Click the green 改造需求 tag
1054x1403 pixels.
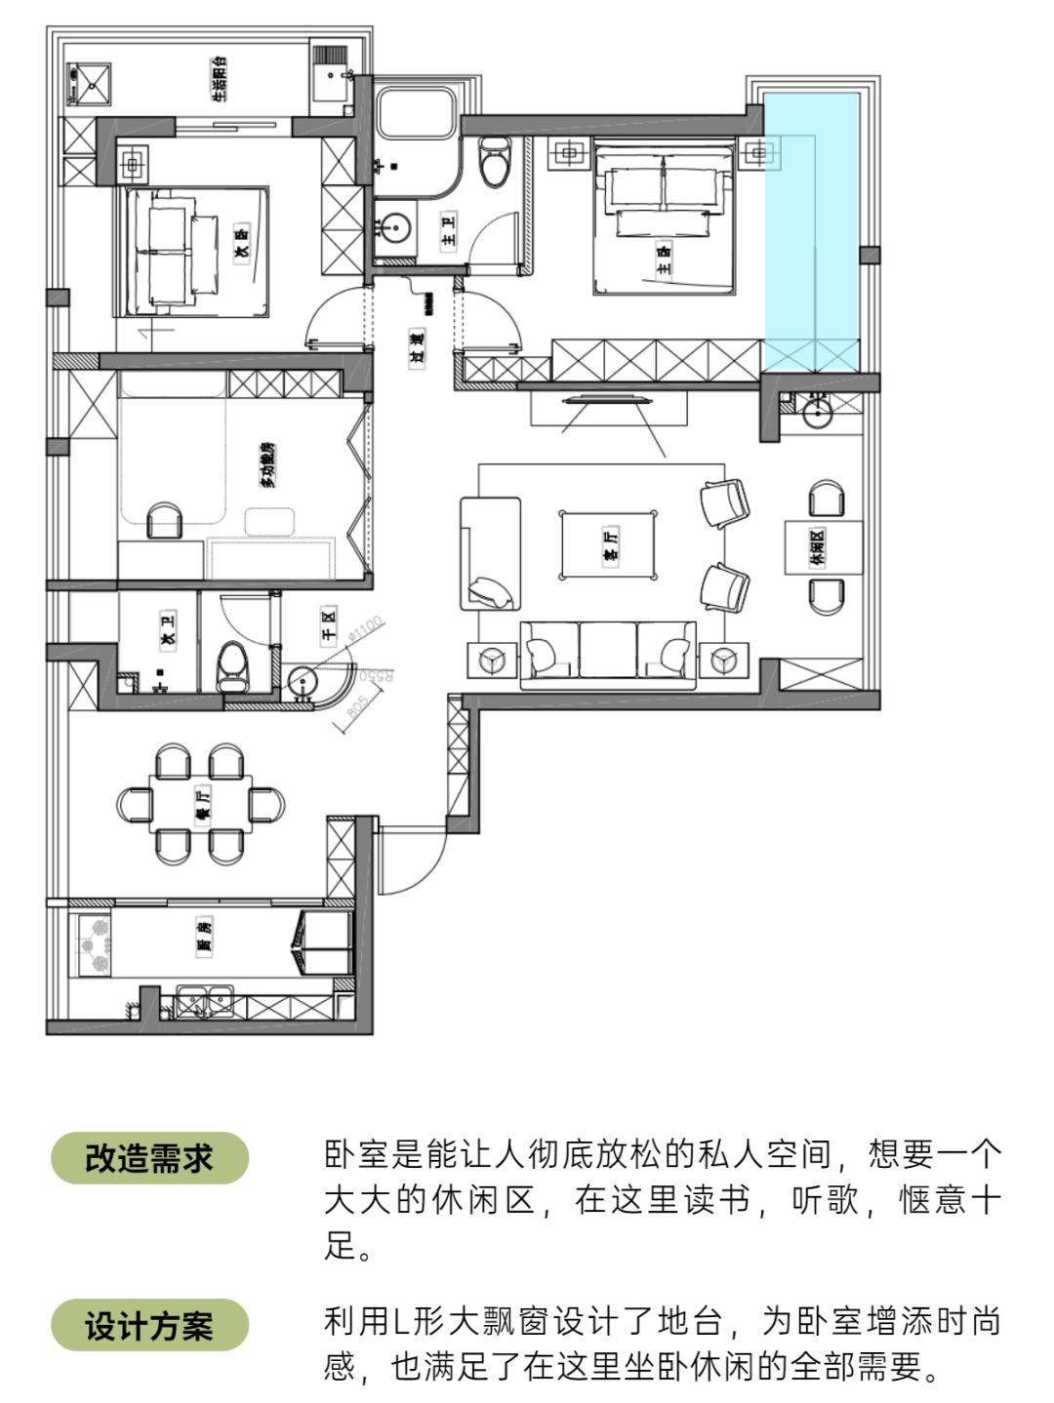coord(149,1158)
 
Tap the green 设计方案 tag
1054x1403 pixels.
coord(149,1325)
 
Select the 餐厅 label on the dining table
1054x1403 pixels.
coord(202,804)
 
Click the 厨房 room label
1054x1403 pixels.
coord(204,937)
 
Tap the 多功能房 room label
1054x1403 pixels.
coord(266,463)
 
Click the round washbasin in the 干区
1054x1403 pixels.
coord(304,682)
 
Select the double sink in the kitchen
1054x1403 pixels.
coord(205,1001)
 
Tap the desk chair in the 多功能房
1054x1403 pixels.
coord(164,521)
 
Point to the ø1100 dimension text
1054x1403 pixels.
coord(367,627)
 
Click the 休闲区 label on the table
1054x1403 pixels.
coord(818,547)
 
